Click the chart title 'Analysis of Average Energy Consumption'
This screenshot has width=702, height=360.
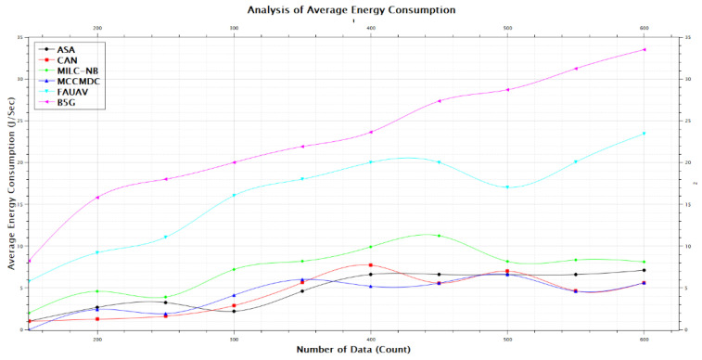point(351,10)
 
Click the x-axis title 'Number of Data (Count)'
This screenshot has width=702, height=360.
point(351,349)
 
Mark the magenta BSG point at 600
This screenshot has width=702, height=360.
point(645,49)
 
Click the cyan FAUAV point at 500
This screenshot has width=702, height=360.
point(507,187)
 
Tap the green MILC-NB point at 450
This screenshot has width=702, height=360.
point(439,236)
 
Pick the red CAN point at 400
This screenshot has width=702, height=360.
point(371,264)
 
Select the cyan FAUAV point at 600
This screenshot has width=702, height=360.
point(645,134)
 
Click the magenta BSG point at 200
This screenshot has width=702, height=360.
point(97,197)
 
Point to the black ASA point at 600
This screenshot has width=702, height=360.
point(645,270)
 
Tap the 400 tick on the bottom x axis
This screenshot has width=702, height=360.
point(371,340)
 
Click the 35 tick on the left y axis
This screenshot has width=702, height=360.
point(20,37)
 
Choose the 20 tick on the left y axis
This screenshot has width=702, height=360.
point(20,162)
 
